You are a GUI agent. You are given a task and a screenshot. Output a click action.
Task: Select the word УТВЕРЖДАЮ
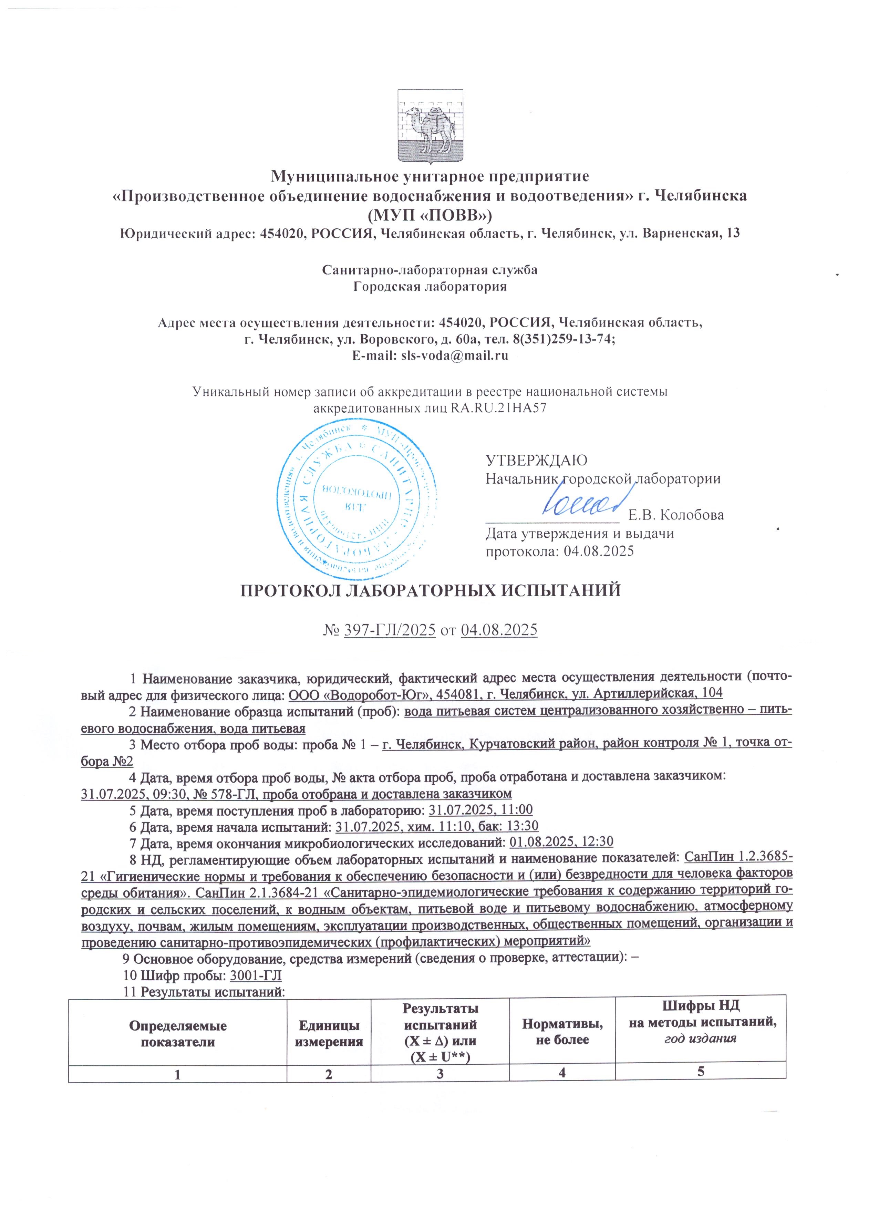coord(536,460)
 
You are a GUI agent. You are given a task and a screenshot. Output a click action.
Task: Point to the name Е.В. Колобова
coord(676,515)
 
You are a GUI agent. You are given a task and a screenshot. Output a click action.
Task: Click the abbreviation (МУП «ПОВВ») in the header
coord(430,214)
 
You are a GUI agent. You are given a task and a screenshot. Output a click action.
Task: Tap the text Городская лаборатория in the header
coord(430,287)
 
